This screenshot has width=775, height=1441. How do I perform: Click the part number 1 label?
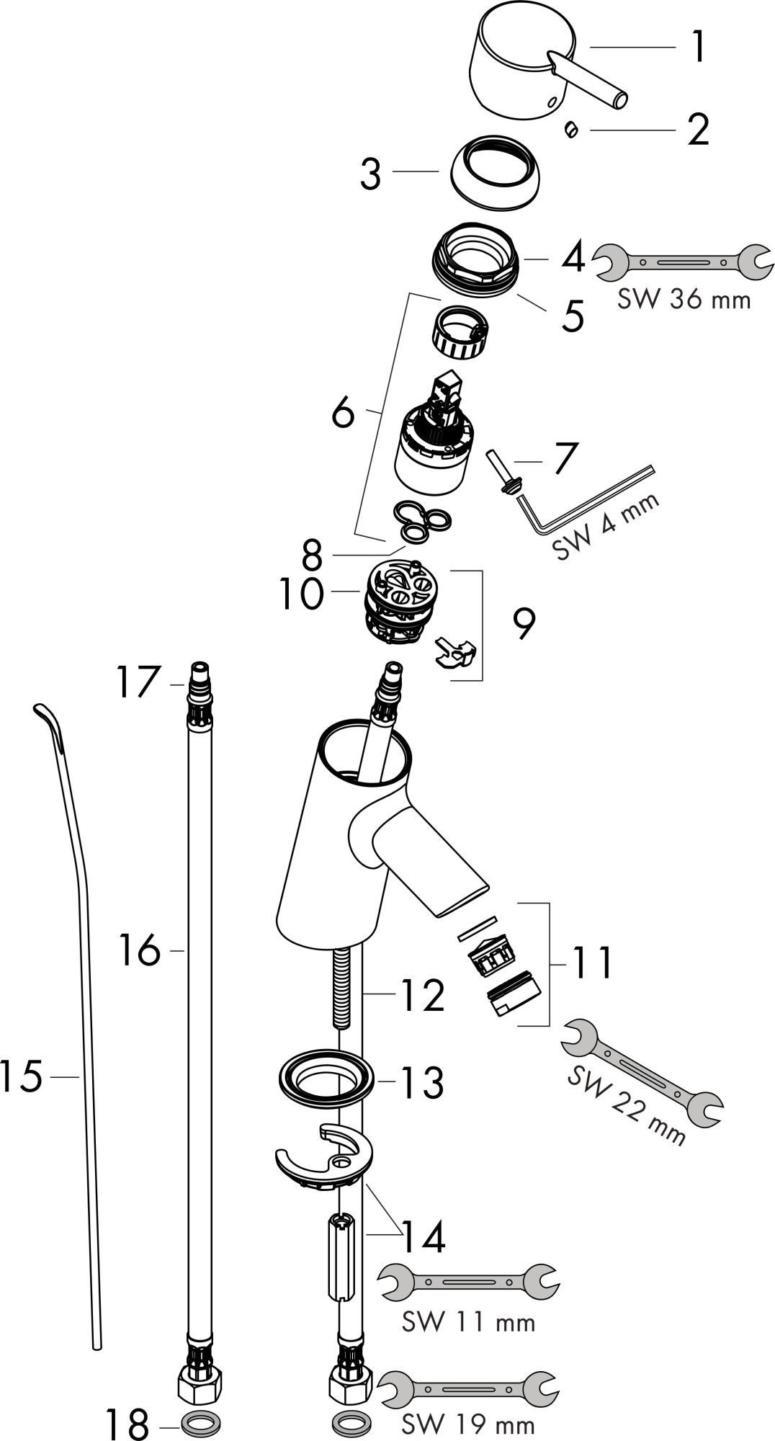(x=696, y=48)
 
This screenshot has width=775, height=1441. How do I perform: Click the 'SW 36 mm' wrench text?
(x=684, y=298)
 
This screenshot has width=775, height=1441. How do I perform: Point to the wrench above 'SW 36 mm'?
(x=684, y=262)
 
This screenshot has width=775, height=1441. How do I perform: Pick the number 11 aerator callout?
(x=592, y=964)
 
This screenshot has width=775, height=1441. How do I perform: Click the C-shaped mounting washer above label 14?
(x=324, y=1158)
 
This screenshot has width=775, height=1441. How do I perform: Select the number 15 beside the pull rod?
(x=22, y=1076)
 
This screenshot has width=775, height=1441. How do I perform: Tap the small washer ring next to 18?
(x=200, y=1424)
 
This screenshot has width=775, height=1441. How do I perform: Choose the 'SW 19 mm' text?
(x=468, y=1424)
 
